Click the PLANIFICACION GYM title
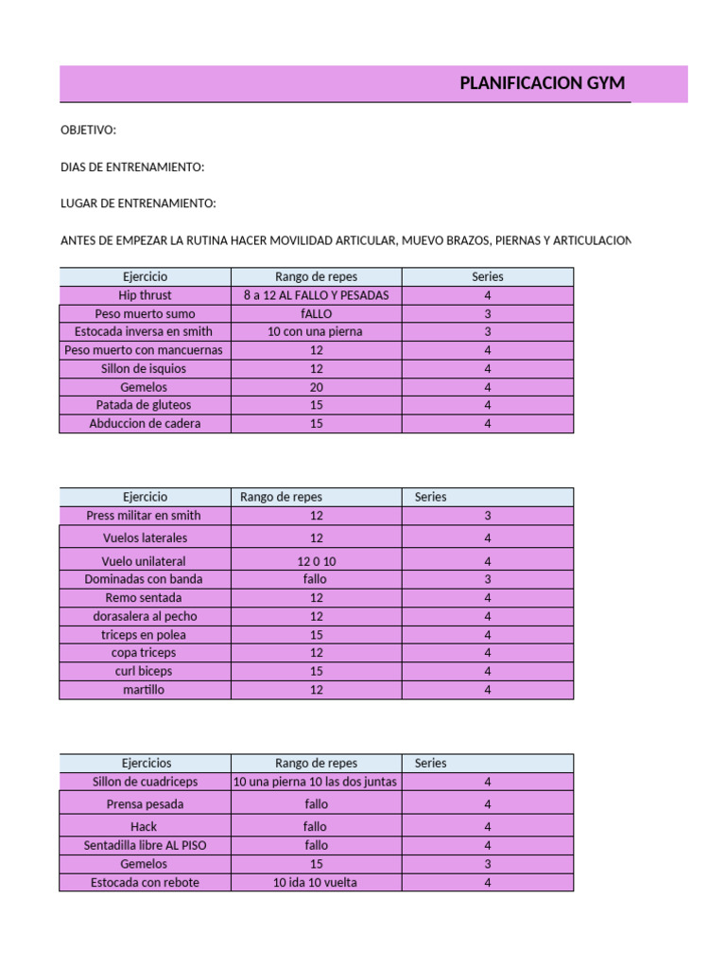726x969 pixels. (542, 83)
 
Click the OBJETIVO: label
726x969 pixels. (88, 130)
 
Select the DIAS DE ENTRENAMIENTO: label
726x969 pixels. (132, 167)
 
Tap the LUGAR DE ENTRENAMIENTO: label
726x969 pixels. (138, 203)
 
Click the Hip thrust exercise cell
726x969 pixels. (145, 295)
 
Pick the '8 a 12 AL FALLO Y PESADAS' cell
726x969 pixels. (316, 295)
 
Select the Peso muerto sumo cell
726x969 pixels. (145, 313)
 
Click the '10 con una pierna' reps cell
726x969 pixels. (316, 332)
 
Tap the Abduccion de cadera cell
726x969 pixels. (145, 424)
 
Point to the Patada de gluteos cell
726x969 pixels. (145, 405)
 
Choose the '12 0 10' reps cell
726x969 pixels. (316, 561)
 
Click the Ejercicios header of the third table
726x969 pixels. (146, 763)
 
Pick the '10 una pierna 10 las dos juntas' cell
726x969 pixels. (316, 783)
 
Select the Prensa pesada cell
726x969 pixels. (145, 804)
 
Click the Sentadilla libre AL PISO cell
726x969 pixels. (145, 845)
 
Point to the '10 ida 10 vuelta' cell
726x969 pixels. (316, 883)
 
